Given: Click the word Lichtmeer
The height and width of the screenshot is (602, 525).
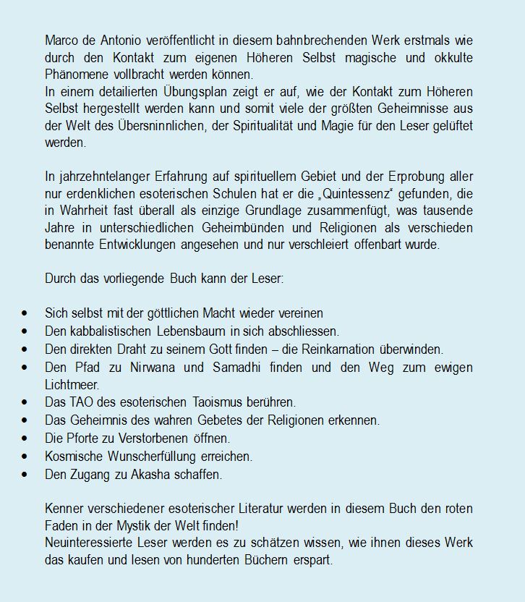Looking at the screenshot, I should click(x=70, y=383).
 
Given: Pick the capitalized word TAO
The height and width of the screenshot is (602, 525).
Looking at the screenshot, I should click(x=81, y=401).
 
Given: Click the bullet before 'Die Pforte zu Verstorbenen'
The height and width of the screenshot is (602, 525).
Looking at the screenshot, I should click(x=26, y=437).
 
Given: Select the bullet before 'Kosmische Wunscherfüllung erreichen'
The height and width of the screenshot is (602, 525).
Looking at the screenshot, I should click(x=26, y=455).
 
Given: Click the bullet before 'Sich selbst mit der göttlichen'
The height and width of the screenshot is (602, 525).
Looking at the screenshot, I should click(x=26, y=313).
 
